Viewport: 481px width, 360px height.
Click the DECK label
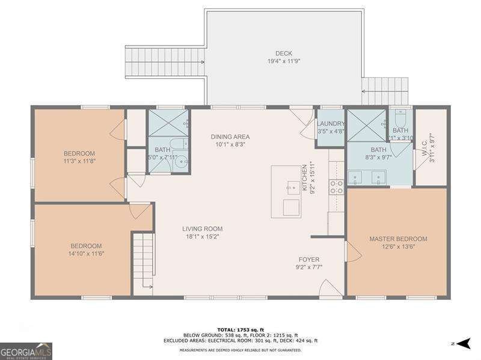coord(283,53)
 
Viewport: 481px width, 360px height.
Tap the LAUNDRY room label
coord(330,124)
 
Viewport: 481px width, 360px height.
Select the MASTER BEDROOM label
coord(397,239)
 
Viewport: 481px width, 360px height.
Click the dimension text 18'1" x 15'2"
coord(202,237)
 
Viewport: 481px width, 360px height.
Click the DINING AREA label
coord(230,136)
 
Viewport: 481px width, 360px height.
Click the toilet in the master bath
coord(400,115)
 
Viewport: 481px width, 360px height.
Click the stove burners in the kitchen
coord(336,187)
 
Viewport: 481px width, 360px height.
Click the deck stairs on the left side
coord(164,59)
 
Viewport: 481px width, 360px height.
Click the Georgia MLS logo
coord(26,350)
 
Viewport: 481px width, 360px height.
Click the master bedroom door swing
coord(354,252)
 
